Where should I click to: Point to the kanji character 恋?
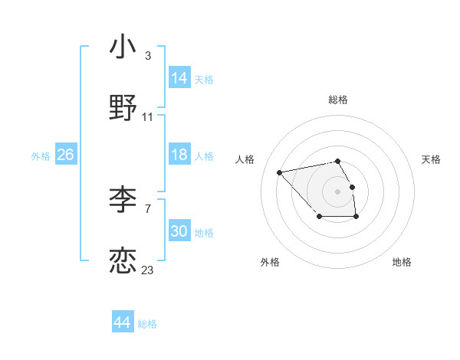(123, 260)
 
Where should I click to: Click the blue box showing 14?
(179, 78)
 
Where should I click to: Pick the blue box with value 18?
(179, 155)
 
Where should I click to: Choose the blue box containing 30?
(179, 231)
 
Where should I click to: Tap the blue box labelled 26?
(65, 155)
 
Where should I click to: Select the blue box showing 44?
(122, 322)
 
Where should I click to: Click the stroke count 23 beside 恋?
(147, 270)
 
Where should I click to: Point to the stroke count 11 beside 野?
(147, 117)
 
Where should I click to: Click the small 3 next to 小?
(147, 56)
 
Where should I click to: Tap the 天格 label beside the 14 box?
(204, 79)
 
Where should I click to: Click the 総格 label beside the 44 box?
(147, 324)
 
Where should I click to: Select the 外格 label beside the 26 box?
(41, 156)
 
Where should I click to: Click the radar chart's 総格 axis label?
(337, 100)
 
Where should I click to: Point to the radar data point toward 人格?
(280, 172)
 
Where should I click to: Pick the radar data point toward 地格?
(356, 218)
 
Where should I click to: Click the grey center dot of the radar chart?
(337, 191)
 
